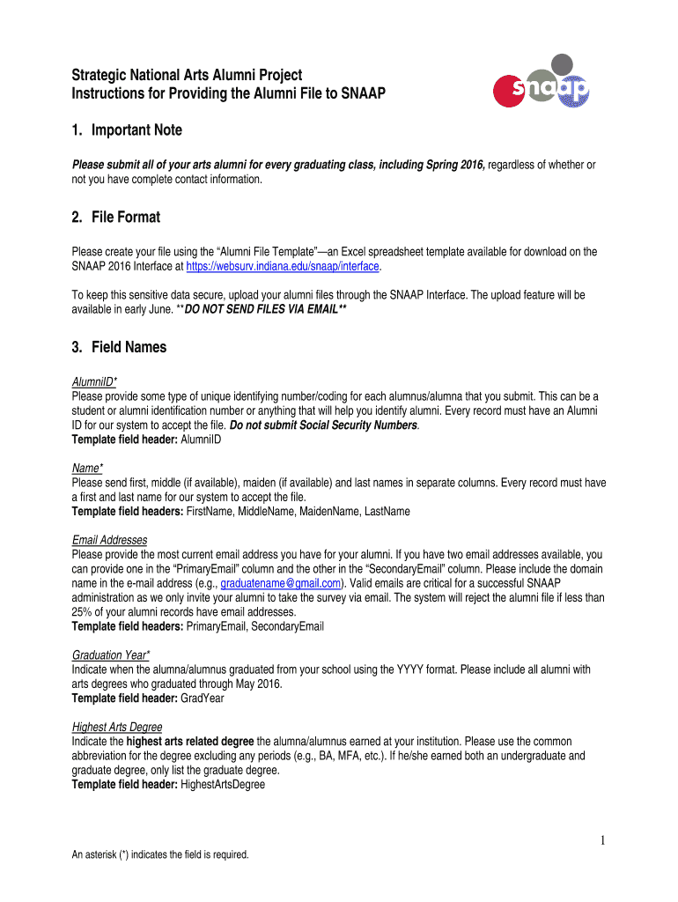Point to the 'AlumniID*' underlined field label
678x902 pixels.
96,382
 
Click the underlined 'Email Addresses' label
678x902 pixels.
109,540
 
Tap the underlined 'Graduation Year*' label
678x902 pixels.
111,655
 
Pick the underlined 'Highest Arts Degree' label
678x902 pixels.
117,727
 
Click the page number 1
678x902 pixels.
601,841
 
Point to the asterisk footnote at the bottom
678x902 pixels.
160,854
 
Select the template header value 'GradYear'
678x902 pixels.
204,698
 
